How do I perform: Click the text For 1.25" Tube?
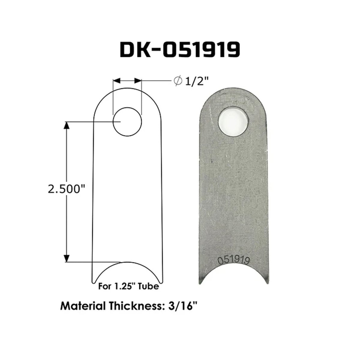128,286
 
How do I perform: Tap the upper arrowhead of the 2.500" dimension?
67,126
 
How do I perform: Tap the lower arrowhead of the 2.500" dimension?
67,257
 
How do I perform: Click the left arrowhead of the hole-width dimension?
116,81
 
